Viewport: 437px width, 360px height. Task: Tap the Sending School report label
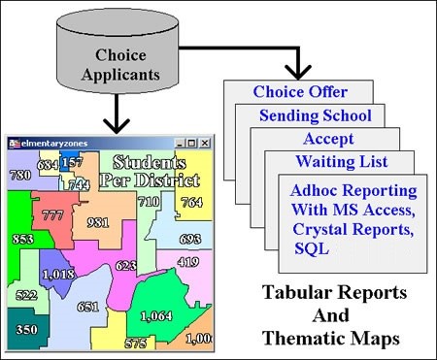pyautogui.click(x=315, y=115)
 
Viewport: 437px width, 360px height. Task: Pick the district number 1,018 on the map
pyautogui.click(x=57, y=274)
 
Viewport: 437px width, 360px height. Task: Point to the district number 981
pyautogui.click(x=97, y=222)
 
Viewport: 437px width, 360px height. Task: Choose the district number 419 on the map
pyautogui.click(x=188, y=261)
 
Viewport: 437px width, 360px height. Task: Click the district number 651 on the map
pyautogui.click(x=88, y=307)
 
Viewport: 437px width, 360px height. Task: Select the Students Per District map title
pyautogui.click(x=155, y=170)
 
